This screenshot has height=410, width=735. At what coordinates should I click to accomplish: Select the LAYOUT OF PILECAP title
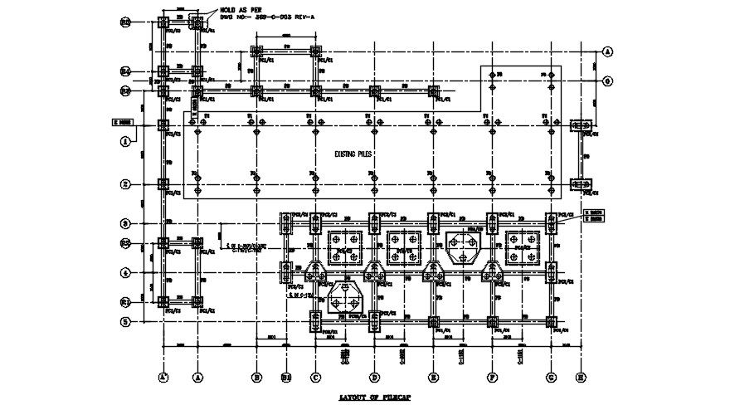point(376,399)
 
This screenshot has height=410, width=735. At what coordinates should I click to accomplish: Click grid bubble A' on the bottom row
point(163,377)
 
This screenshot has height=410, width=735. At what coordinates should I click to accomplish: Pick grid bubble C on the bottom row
point(315,377)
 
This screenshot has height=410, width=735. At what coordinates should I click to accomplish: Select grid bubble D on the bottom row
point(375,377)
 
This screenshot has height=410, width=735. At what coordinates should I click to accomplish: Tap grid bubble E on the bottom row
point(433,377)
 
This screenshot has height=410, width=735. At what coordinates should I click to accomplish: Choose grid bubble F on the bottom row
point(492,377)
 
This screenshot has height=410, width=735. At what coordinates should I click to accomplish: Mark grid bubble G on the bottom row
point(551,377)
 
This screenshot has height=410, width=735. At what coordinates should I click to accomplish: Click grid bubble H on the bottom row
point(581,377)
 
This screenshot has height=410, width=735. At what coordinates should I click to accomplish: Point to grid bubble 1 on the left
point(125,142)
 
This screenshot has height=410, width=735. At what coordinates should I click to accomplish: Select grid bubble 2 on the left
point(125,184)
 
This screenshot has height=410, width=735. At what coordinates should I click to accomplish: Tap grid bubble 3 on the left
point(125,223)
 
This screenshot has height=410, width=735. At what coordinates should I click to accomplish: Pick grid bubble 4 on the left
point(125,272)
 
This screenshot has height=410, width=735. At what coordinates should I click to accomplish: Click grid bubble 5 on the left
point(125,321)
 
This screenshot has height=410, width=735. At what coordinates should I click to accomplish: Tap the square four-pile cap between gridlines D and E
point(403,246)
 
